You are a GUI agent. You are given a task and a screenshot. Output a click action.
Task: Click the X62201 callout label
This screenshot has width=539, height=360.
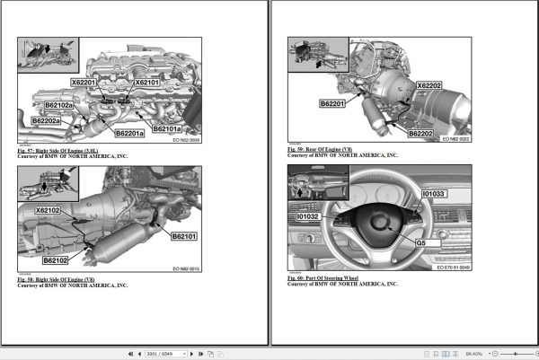tap(88, 82)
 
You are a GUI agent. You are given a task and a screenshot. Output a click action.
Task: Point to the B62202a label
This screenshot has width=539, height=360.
tap(46, 120)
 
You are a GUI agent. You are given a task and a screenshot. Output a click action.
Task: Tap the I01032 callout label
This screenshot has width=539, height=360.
tap(308, 216)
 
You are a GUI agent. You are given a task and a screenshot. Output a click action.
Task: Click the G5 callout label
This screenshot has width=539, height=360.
tap(419, 243)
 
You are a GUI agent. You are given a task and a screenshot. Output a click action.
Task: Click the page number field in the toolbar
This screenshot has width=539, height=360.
tap(162, 353)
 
